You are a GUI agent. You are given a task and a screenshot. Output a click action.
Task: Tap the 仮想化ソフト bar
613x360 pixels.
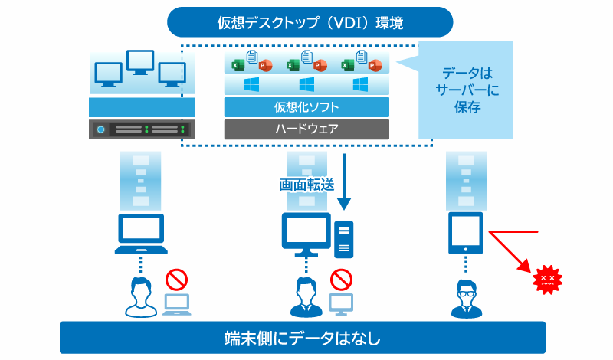[x=306, y=106]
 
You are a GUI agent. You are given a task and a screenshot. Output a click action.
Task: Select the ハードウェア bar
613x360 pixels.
[x=306, y=129]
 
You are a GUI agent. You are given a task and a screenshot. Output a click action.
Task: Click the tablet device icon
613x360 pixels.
[x=465, y=234]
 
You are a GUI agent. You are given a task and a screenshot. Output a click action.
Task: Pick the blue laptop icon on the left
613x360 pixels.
[x=140, y=234]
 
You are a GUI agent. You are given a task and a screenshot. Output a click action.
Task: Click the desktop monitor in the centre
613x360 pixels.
[x=306, y=234]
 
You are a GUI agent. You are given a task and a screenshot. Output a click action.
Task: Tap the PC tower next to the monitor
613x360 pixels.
[x=344, y=239]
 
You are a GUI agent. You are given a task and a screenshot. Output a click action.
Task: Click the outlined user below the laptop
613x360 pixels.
[x=140, y=297]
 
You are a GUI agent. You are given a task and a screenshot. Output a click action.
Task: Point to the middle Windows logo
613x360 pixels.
[x=307, y=83]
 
